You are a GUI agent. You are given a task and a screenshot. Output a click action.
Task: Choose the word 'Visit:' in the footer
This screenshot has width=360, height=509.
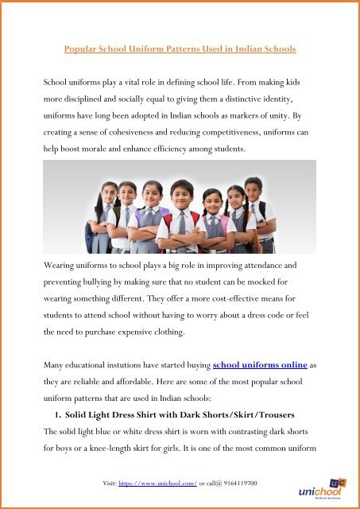103,484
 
